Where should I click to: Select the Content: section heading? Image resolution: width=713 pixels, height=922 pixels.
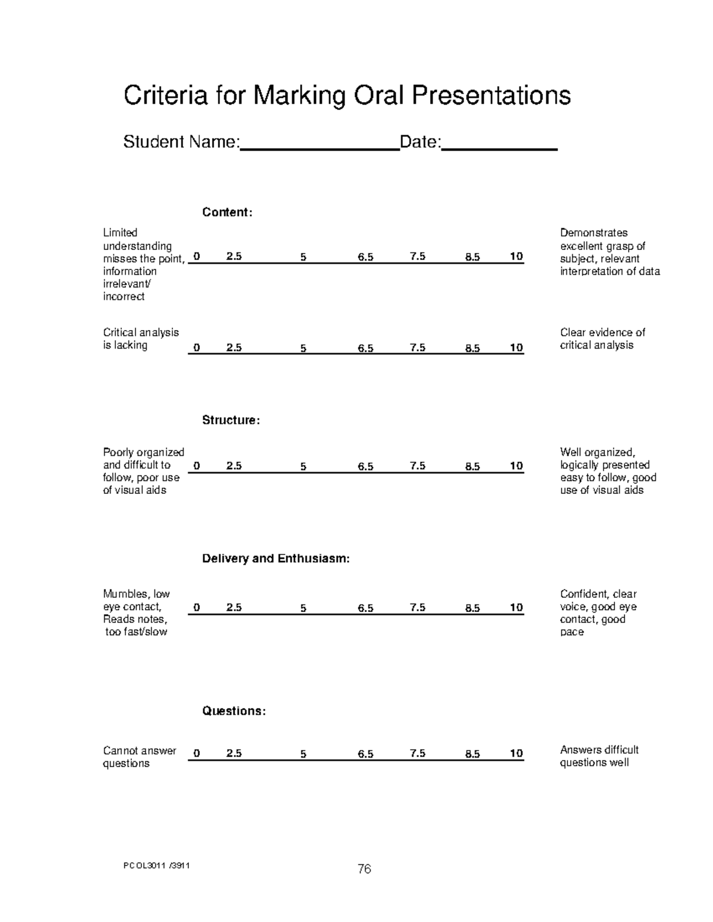click(x=227, y=213)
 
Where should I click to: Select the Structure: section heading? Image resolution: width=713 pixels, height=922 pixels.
click(x=231, y=420)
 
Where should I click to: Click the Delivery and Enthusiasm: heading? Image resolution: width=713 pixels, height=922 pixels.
click(x=276, y=559)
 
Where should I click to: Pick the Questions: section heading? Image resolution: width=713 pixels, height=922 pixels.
click(x=234, y=711)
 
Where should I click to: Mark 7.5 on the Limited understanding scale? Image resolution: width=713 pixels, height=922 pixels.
click(x=417, y=256)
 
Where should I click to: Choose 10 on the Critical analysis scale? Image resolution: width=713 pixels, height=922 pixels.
click(x=516, y=348)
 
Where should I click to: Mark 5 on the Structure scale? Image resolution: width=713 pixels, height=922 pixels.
click(x=303, y=467)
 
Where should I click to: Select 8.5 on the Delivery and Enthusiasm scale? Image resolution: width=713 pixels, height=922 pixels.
click(x=472, y=608)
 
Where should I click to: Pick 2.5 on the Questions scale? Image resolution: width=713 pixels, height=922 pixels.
click(x=234, y=753)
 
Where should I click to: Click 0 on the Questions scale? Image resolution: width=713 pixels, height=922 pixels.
click(x=197, y=753)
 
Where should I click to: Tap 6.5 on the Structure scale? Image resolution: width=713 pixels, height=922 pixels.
click(x=365, y=467)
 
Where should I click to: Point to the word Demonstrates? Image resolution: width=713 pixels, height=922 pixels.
click(x=594, y=233)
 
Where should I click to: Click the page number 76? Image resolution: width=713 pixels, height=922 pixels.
click(x=364, y=869)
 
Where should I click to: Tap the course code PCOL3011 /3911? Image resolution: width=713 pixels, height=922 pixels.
click(x=156, y=866)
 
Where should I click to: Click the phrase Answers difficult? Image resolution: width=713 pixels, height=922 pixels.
click(x=599, y=750)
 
